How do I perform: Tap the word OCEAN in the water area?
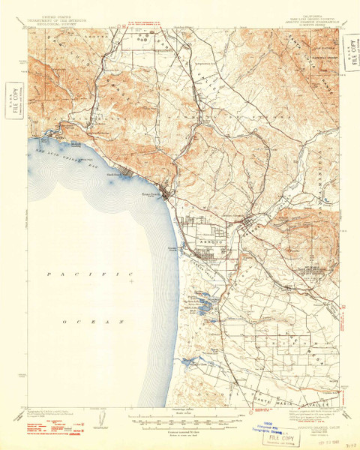[85, 321]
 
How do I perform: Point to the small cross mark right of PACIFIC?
[131, 283]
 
